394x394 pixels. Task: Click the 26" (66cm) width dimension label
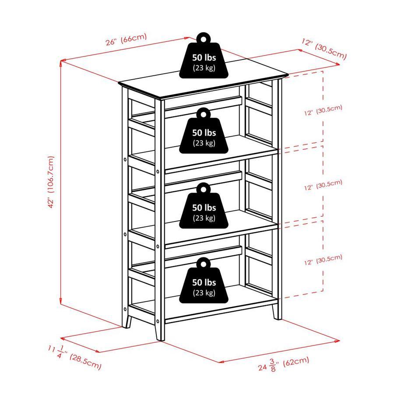coord(126,39)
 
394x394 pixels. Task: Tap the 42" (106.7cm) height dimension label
coord(51,182)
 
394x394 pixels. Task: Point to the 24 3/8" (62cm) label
coord(283,364)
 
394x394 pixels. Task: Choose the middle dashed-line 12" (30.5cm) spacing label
coord(323,185)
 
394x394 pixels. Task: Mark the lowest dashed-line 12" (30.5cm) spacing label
coord(323,260)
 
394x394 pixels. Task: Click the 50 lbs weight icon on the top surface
coord(204,56)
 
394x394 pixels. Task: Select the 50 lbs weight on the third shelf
coord(204,206)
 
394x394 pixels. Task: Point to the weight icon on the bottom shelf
coord(204,281)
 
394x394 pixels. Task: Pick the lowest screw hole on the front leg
coord(158,321)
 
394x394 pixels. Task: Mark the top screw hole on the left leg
coord(125,159)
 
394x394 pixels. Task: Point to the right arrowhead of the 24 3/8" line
coord(337,341)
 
